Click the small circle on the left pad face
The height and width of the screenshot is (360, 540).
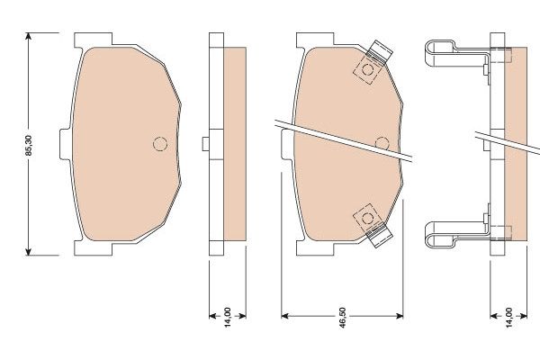pyautogui.click(x=160, y=144)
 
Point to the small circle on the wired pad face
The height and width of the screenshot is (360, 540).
pyautogui.click(x=381, y=142)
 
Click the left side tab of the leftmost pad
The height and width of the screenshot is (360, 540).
pyautogui.click(x=65, y=145)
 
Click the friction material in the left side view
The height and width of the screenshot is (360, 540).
pyautogui.click(x=232, y=144)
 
